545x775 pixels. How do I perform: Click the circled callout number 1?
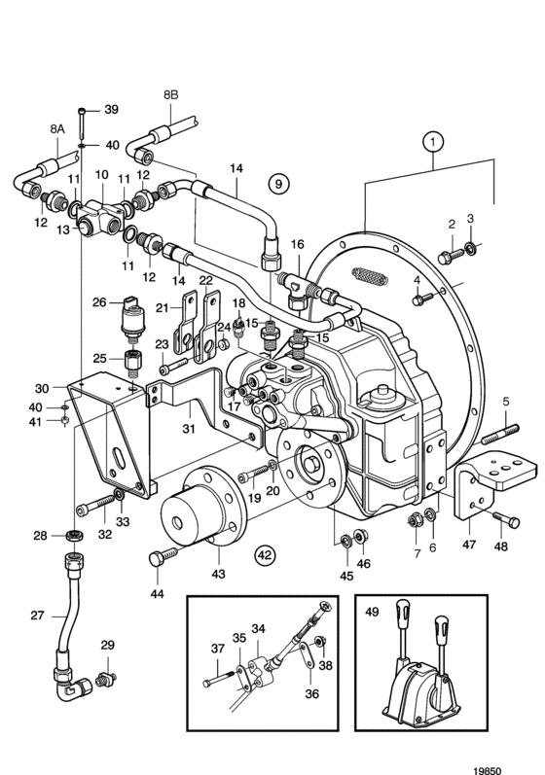pos(433,142)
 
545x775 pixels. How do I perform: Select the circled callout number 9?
pos(278,184)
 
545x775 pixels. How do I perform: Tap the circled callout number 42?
pos(265,555)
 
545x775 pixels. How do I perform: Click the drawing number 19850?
pos(488,770)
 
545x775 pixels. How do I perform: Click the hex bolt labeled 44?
pos(163,555)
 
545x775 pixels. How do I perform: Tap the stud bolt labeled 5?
pos(499,433)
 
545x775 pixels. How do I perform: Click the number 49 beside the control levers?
pos(372,612)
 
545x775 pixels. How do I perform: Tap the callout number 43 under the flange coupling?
pos(218,574)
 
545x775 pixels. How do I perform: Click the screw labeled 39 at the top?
pos(81,123)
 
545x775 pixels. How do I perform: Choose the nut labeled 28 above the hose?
pos(74,534)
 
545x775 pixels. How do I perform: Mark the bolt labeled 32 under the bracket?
pos(96,505)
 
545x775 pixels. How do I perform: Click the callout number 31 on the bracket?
pos(189,429)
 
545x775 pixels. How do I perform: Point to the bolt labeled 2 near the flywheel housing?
pos(451,256)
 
